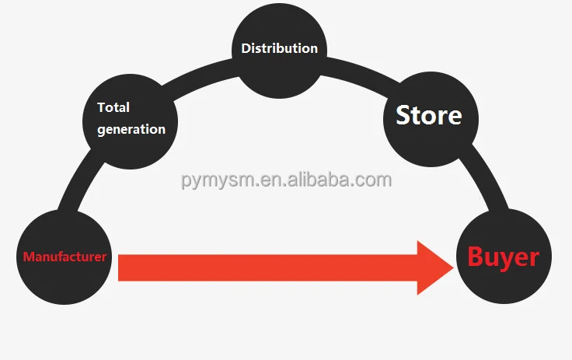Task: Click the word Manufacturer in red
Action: pos(65,257)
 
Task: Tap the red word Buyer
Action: pos(503,257)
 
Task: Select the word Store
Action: pos(428,116)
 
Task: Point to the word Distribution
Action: pos(279,48)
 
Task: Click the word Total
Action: pos(113,107)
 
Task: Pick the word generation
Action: pos(131,129)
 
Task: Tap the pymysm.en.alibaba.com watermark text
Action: pos(287,180)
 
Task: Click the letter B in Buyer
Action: pos(476,257)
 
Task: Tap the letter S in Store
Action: pos(403,116)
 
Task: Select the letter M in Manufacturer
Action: pos(28,257)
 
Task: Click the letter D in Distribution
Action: pos(246,48)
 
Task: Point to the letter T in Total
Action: pos(100,107)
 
